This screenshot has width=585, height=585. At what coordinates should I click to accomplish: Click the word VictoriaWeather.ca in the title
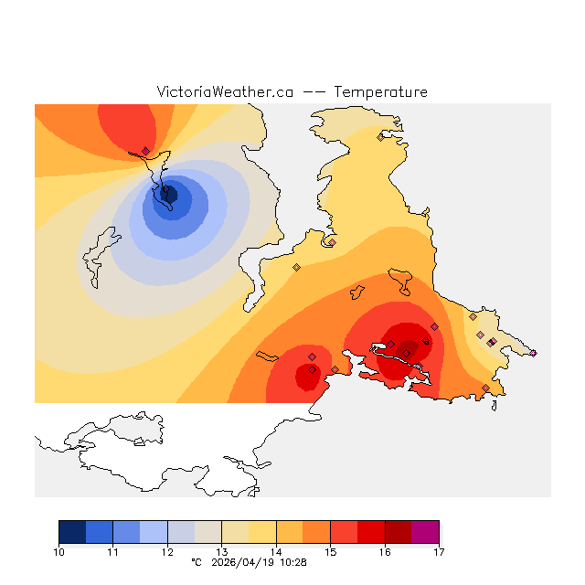pos(225,92)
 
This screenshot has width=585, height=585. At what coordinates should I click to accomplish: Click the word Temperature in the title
pos(380,92)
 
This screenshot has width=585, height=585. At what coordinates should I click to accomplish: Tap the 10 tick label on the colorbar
pos(58,551)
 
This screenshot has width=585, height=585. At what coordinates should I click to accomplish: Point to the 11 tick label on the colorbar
pos(112,551)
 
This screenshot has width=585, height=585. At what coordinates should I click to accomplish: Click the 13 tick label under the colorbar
pos(221,551)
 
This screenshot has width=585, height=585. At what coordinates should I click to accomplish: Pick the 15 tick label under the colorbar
pos(330,551)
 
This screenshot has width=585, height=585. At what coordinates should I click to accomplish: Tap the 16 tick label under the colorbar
pos(385,551)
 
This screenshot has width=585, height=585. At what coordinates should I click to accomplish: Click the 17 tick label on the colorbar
pos(439,551)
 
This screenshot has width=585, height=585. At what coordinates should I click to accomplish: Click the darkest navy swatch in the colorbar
pos(72,532)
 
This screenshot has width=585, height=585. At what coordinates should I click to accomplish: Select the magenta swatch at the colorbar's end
pos(425,532)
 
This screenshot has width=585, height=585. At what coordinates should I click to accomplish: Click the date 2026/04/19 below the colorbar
pos(243,562)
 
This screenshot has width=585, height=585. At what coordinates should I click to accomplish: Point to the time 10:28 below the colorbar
pos(293,562)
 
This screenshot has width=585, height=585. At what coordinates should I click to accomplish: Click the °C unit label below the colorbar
pos(196,562)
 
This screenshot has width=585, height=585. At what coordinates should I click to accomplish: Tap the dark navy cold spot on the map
pos(168,193)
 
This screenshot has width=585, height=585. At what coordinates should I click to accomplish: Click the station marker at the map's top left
pos(145,151)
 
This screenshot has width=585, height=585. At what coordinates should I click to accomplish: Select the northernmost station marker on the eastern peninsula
pos(380,137)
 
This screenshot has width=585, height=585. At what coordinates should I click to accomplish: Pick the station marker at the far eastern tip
pos(533,353)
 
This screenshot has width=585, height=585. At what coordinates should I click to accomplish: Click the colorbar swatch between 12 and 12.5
pos(181,532)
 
